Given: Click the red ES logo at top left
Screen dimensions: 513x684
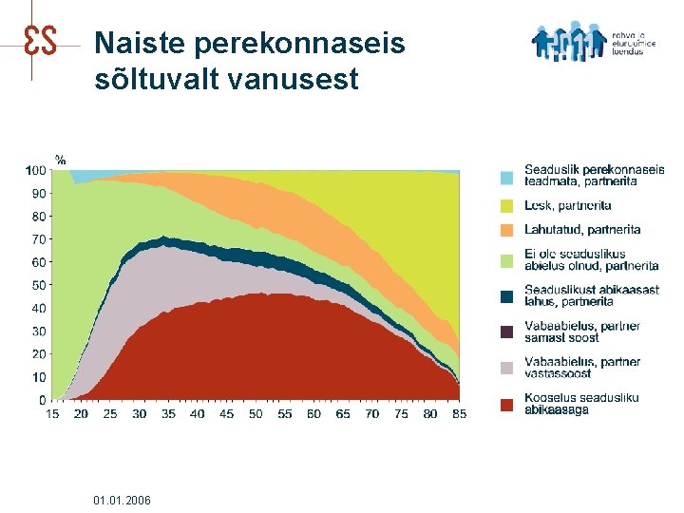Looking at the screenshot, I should coord(38,39).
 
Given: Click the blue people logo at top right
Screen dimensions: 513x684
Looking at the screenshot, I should coord(569,42).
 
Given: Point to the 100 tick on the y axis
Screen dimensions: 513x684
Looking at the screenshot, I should coord(35,171).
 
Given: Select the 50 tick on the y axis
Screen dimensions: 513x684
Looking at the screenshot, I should coord(38,285).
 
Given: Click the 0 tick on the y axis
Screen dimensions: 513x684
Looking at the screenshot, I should coord(41,400).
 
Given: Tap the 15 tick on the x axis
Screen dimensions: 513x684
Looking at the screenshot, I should coord(53,414).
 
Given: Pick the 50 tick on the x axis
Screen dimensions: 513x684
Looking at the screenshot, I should coord(256,414).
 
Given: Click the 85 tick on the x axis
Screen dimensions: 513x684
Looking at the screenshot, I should coord(459,414).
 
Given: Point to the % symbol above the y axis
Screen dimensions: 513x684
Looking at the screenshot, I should coord(60,159).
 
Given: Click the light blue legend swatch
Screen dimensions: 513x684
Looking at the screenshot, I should coord(507,177).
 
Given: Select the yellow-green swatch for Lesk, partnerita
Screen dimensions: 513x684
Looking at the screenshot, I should coord(507,205).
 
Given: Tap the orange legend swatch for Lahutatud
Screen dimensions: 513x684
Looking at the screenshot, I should coord(507,230).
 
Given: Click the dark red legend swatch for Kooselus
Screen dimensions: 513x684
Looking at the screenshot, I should coord(507,405).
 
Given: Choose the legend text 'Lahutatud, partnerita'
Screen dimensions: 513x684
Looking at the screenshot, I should coord(582,230).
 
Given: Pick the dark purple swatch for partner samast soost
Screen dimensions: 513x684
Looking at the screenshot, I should coord(507,332).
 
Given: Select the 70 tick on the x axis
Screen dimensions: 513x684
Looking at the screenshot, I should coord(371,414).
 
